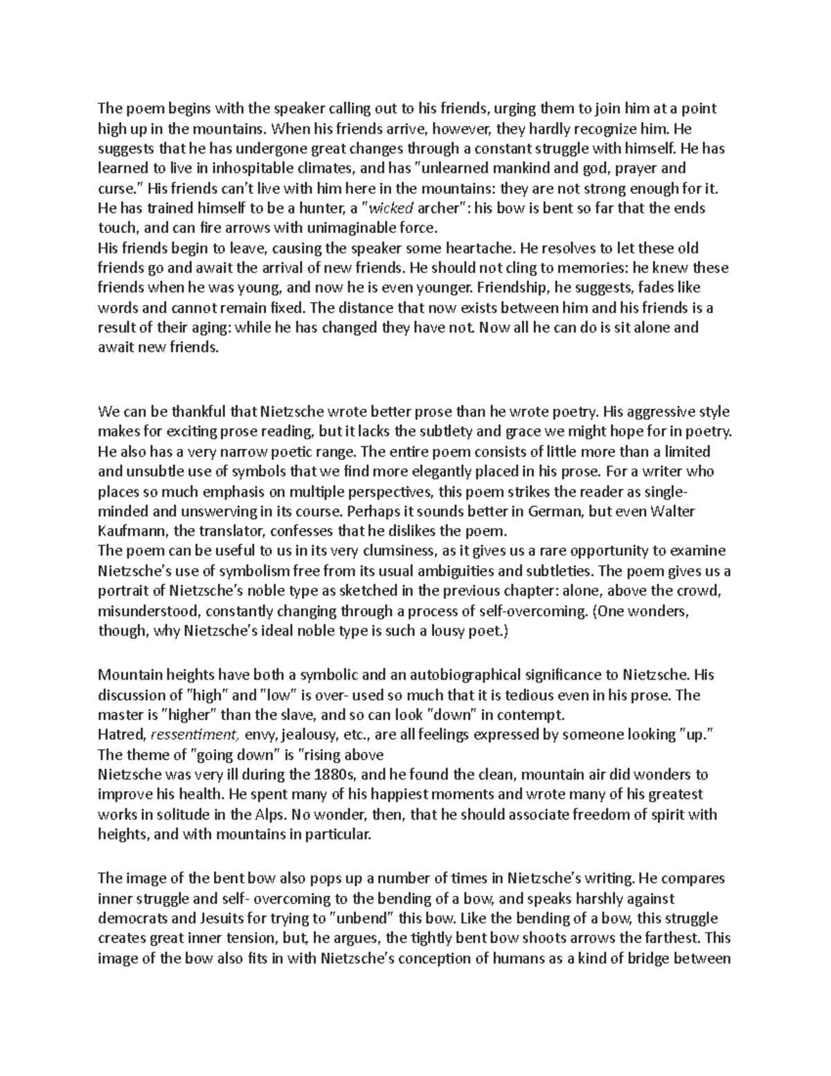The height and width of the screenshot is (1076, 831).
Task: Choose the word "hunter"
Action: pos(305,208)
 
